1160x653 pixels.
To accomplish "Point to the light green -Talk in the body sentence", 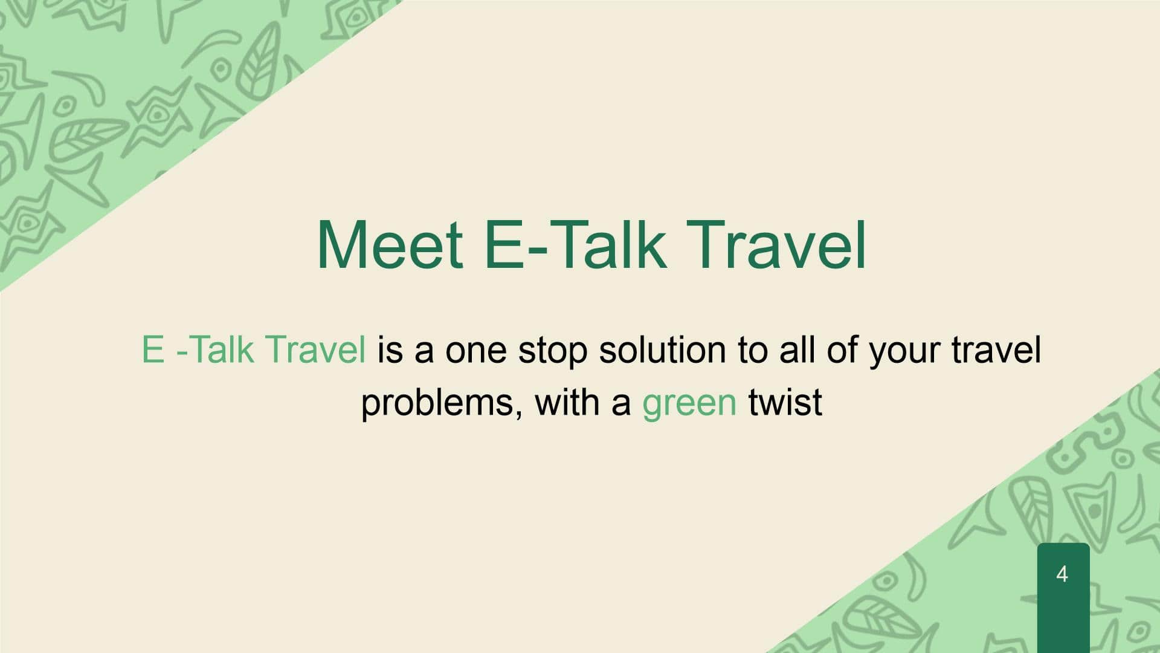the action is pos(214,349).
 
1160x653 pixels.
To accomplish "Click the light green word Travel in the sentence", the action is pos(315,349).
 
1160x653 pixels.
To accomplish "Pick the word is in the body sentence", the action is pos(390,349).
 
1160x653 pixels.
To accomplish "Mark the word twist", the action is pos(785,401).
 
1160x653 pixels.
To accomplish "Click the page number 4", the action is pos(1062,574).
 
